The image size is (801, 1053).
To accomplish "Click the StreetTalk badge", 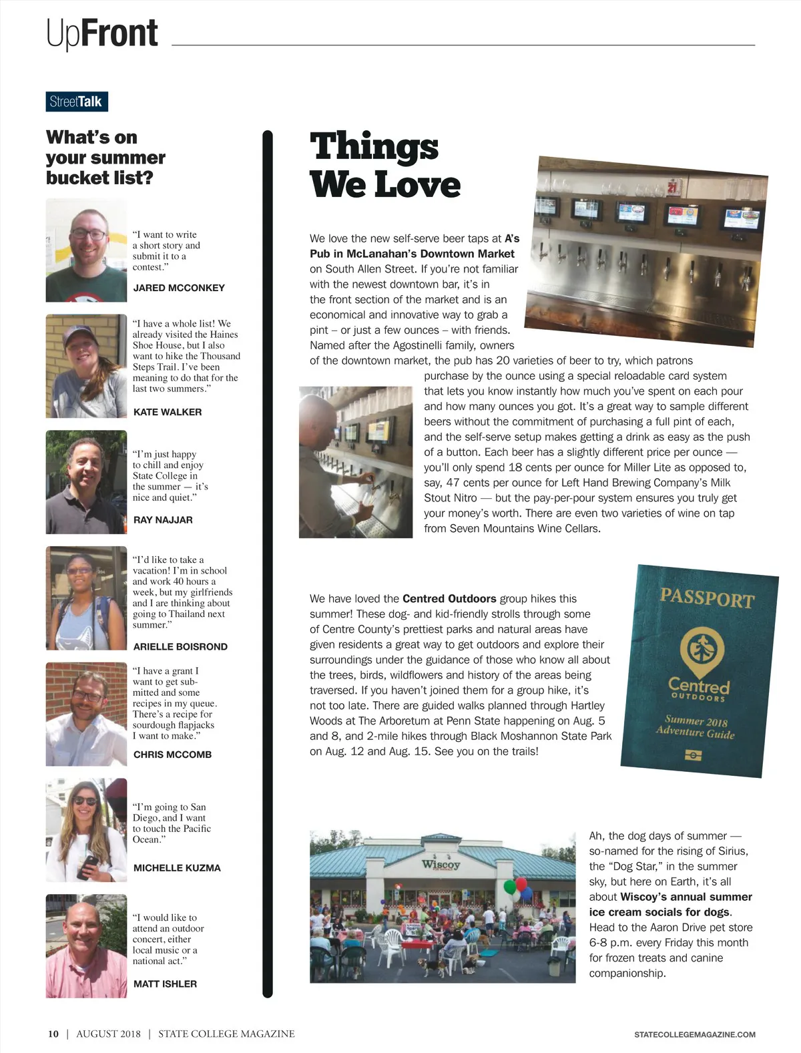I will pos(77,101).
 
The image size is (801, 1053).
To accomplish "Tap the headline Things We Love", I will pos(384,166).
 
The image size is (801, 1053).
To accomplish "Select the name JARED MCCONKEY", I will pos(179,288).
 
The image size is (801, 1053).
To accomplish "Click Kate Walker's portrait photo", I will pos(86,366).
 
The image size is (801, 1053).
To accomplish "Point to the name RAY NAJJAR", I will pos(163,519).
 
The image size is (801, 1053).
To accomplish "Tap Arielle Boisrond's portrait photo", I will pos(86,598).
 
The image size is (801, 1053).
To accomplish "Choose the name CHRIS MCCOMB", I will pos(172,755).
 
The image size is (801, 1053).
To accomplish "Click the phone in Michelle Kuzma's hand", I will pos(87,867).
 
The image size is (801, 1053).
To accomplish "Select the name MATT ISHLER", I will pos(165,984).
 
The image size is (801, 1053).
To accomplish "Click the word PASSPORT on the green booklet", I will pos(706,598).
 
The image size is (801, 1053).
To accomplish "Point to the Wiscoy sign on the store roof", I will pos(441,864).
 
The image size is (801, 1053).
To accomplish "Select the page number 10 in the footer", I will pos(53,1034).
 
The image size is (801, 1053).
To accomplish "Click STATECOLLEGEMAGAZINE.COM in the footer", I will pos(694,1034).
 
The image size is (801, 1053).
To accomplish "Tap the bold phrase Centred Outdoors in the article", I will pos(449,598).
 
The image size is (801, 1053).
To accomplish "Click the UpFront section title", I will pos(102,33).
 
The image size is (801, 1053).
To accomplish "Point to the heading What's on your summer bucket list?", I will pos(105,158).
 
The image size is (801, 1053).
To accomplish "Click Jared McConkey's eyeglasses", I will pos(88,234).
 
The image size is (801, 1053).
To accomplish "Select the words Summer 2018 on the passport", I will pos(696,720).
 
